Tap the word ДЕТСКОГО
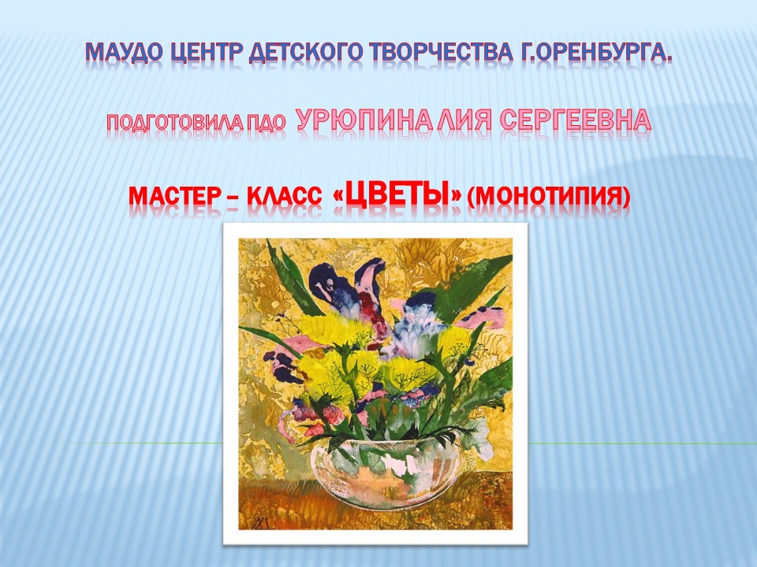[x=305, y=52]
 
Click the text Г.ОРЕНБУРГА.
[x=597, y=52]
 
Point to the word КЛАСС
[x=285, y=197]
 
